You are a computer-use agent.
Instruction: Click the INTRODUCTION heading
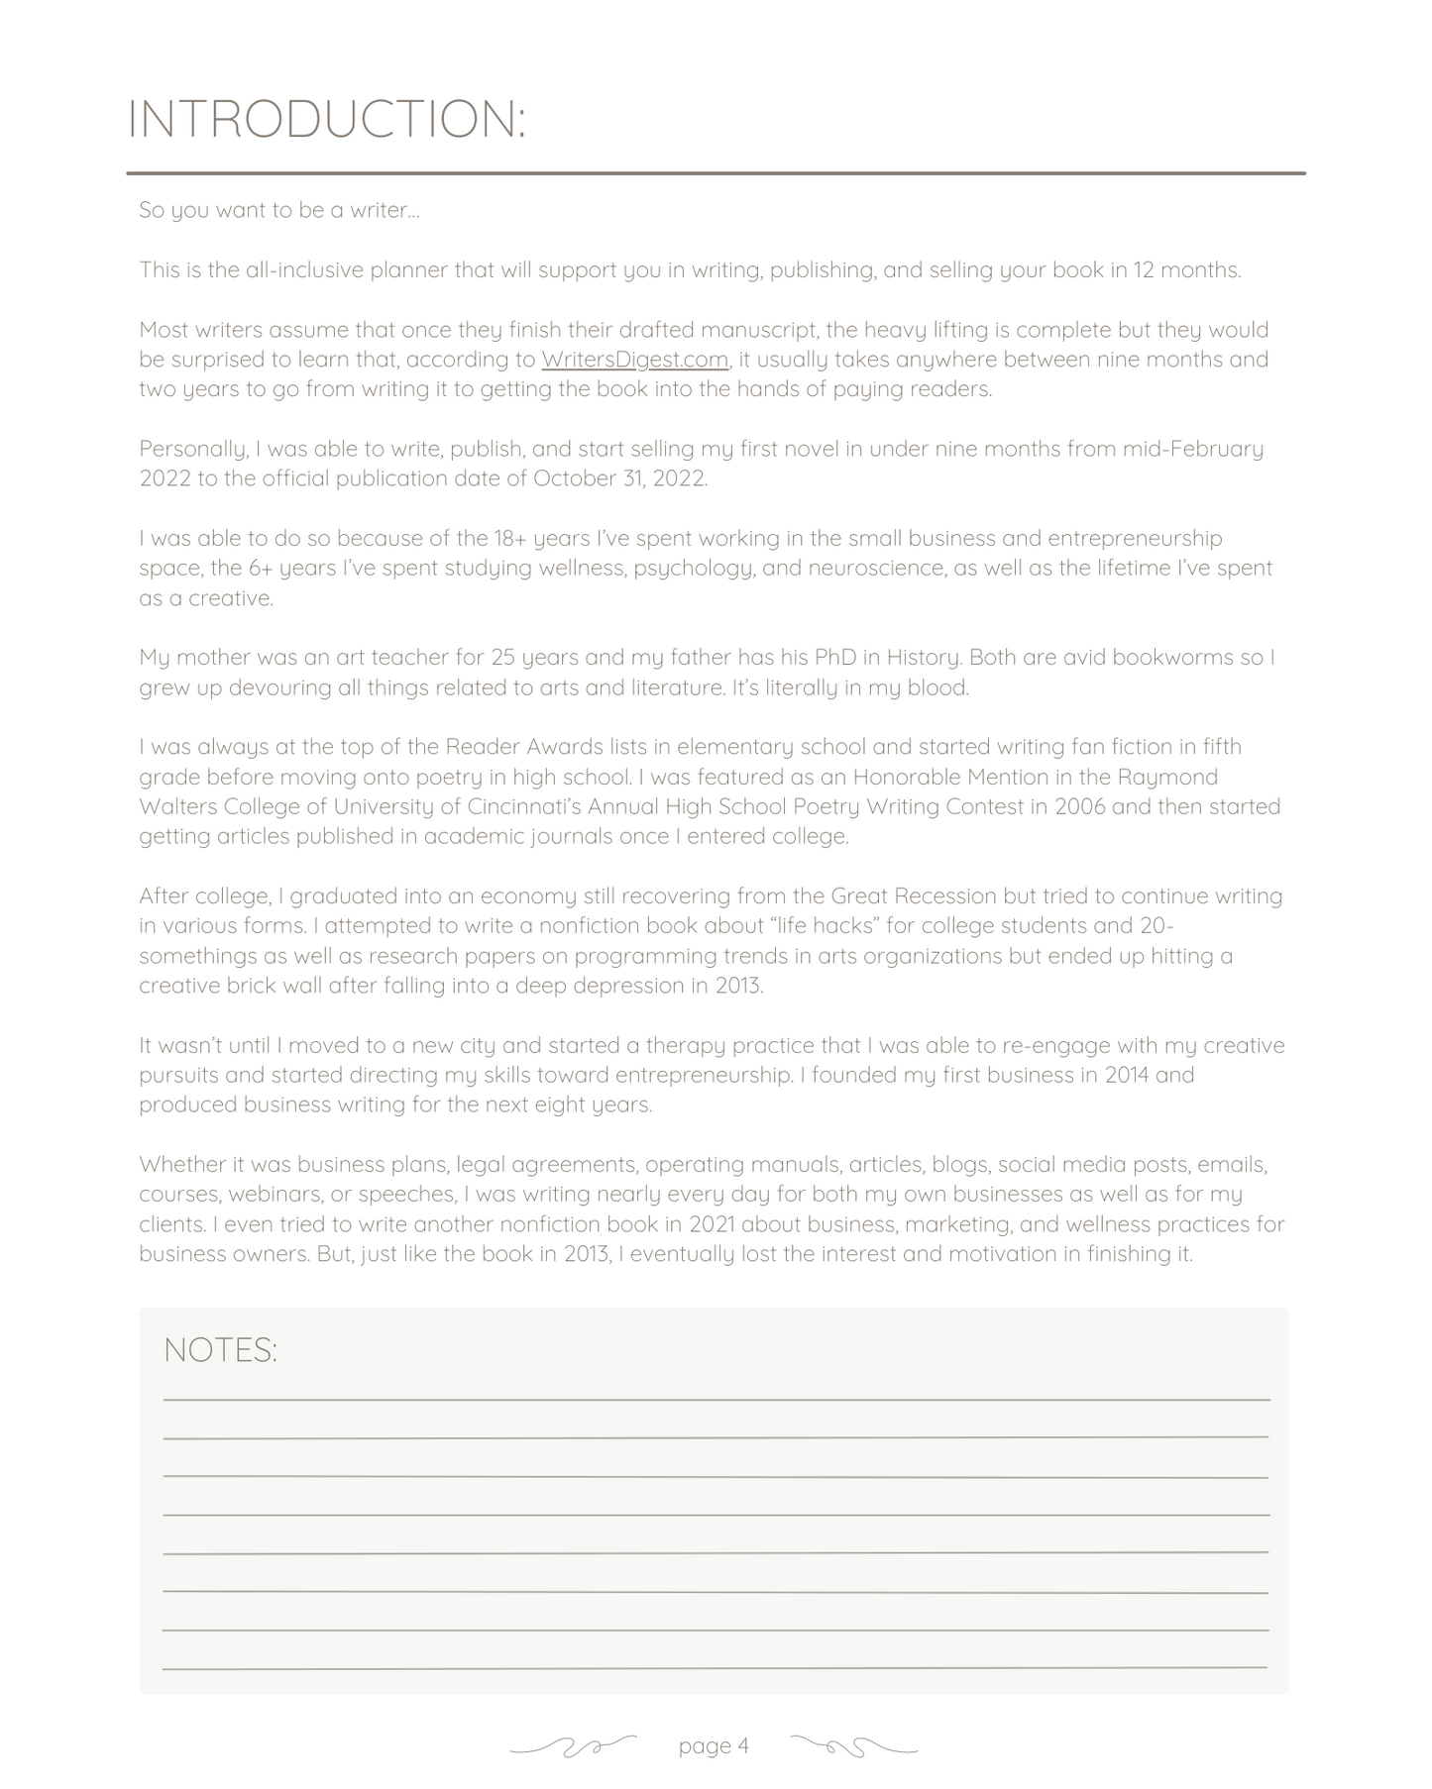coord(326,119)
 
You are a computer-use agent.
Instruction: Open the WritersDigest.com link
coord(634,360)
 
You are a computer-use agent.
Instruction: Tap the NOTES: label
coord(220,1350)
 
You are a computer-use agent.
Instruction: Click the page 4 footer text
coord(714,1745)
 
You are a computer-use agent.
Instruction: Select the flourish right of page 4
coord(854,1745)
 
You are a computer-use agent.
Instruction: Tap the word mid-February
coord(1192,449)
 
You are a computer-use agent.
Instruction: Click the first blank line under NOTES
coord(716,1398)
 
